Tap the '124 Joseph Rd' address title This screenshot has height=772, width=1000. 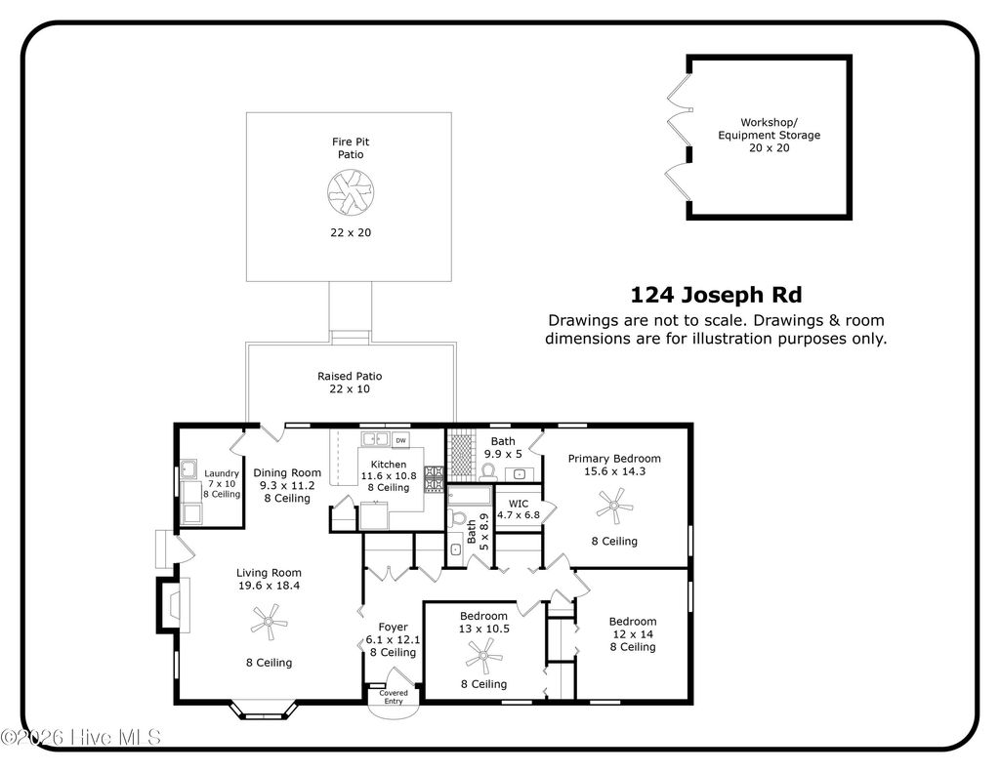[x=716, y=295]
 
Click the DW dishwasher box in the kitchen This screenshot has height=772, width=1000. [x=400, y=440]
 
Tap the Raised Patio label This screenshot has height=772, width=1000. [x=349, y=376]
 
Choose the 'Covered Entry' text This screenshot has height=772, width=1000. [x=394, y=697]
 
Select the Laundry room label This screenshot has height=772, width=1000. [x=221, y=473]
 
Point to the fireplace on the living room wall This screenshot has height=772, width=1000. [x=168, y=604]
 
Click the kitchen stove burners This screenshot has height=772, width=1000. [x=434, y=478]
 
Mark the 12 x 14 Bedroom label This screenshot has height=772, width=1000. [x=632, y=622]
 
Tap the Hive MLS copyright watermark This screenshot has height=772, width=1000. [x=80, y=737]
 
